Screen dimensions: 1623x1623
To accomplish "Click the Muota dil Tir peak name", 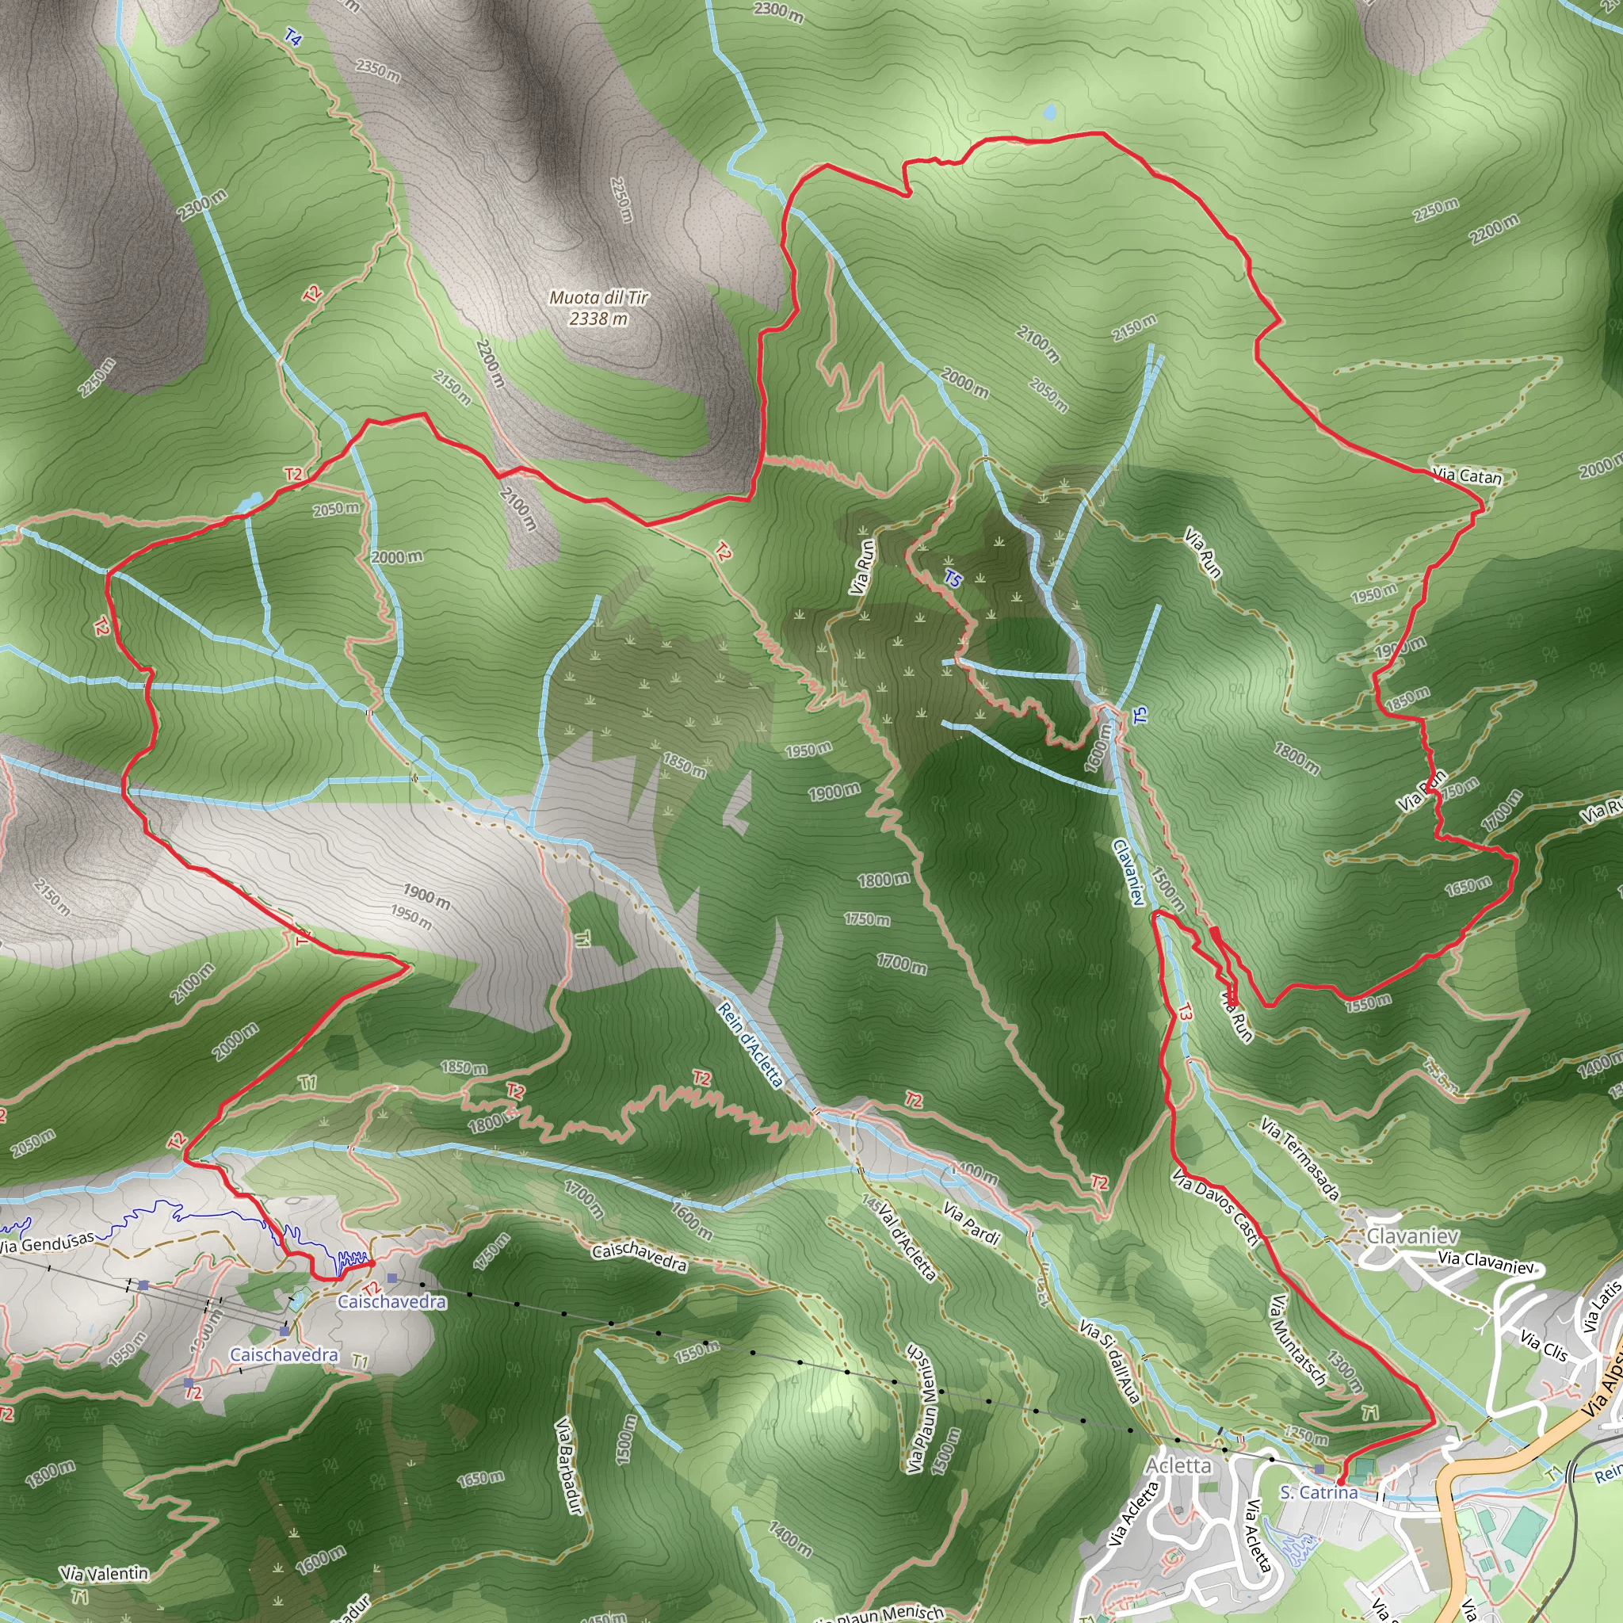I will (x=599, y=297).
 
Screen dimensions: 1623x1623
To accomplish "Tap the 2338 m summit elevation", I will (x=598, y=319).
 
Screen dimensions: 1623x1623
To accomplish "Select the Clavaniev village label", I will (x=1412, y=1235).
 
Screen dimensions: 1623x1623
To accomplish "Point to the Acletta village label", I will (x=1178, y=1466).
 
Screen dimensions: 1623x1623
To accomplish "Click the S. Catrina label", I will (x=1319, y=1492).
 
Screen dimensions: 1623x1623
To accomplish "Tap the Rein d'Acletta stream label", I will (x=750, y=1045).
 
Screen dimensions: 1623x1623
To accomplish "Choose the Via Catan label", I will (x=1468, y=475).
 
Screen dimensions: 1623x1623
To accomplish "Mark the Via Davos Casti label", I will (x=1216, y=1207).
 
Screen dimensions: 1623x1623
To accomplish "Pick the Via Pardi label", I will (x=971, y=1223).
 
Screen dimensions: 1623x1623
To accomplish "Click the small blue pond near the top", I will (x=1048, y=111).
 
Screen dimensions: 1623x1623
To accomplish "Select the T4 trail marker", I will (x=293, y=37).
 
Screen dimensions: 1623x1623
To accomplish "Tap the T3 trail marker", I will (x=1185, y=1012).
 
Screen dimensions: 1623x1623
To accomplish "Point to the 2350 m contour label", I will (x=378, y=70).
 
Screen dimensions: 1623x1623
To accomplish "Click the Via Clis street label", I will (x=1543, y=1344).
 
